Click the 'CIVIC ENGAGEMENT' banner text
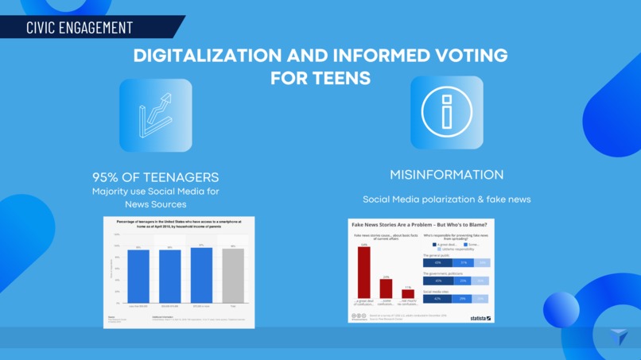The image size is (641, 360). (x=80, y=27)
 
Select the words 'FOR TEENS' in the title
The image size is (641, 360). (x=320, y=79)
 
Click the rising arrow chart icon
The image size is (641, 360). (x=156, y=115)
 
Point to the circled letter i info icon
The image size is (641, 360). (x=446, y=113)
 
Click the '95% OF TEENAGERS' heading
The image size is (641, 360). (x=155, y=177)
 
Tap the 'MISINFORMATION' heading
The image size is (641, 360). (x=446, y=175)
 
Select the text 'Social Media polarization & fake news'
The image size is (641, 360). (x=446, y=199)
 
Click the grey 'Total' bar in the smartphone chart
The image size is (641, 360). (x=233, y=277)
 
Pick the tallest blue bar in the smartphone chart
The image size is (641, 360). (x=201, y=275)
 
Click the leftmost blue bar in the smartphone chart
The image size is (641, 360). (x=138, y=277)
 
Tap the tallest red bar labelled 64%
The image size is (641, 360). (x=363, y=272)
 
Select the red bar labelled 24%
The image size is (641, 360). (x=386, y=288)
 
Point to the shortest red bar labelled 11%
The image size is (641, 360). (x=408, y=293)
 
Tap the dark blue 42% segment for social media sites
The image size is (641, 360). (x=437, y=299)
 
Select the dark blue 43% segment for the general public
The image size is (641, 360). (x=437, y=263)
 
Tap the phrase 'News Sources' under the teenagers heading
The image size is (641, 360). (x=155, y=204)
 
